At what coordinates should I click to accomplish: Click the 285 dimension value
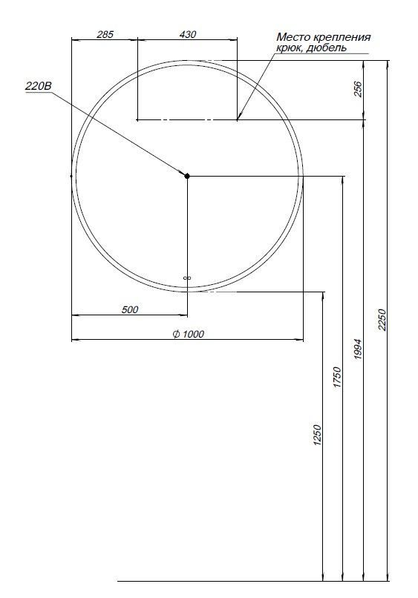(105, 34)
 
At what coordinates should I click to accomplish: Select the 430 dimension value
(188, 34)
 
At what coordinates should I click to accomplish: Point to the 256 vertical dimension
(358, 89)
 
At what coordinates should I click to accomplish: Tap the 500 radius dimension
(130, 309)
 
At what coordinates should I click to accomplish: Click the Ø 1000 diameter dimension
(187, 335)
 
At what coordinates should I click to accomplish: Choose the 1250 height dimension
(317, 436)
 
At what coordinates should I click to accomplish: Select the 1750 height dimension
(336, 378)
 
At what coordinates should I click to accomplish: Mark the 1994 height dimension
(357, 349)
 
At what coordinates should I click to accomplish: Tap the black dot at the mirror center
(187, 176)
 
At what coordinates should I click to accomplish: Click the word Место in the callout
(290, 36)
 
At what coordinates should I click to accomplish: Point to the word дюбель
(326, 47)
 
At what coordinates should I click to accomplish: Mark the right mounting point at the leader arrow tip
(237, 119)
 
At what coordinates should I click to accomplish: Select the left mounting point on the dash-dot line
(138, 119)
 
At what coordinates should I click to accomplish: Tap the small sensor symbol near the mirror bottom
(187, 278)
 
